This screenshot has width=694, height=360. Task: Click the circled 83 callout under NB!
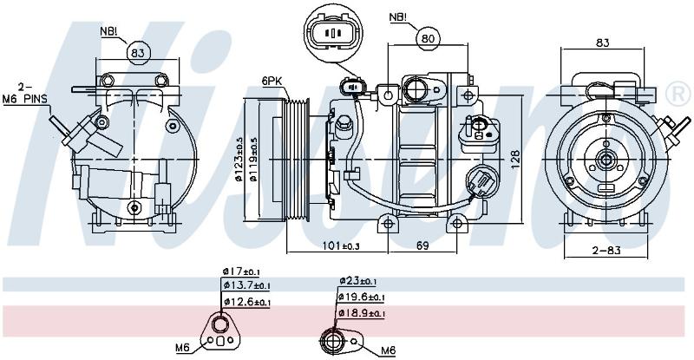click(x=138, y=53)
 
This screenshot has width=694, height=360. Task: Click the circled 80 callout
click(x=428, y=38)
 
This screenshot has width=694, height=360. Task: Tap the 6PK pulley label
click(x=272, y=81)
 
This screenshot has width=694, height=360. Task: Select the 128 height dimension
click(x=514, y=160)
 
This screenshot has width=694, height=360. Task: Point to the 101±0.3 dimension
click(x=340, y=245)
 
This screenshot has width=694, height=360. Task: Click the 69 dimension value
click(x=422, y=245)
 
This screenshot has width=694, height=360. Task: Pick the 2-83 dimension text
click(x=606, y=250)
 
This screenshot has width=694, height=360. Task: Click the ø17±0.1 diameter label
click(x=241, y=272)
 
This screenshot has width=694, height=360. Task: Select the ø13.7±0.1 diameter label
click(x=246, y=286)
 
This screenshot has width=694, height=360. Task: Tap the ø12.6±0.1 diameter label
click(x=246, y=302)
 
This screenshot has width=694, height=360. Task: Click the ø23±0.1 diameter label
click(x=357, y=281)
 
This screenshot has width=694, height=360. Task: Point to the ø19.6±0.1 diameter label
click(x=362, y=298)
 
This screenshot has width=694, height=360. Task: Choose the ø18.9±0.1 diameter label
click(x=362, y=313)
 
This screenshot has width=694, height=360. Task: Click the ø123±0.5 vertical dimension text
click(x=239, y=160)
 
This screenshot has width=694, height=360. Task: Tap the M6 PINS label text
click(x=25, y=99)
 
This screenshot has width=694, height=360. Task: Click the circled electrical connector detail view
click(x=334, y=31)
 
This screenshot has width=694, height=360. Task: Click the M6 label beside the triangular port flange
click(x=183, y=349)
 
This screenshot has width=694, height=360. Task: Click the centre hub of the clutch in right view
click(x=606, y=160)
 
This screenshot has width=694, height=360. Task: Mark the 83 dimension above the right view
click(x=602, y=43)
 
